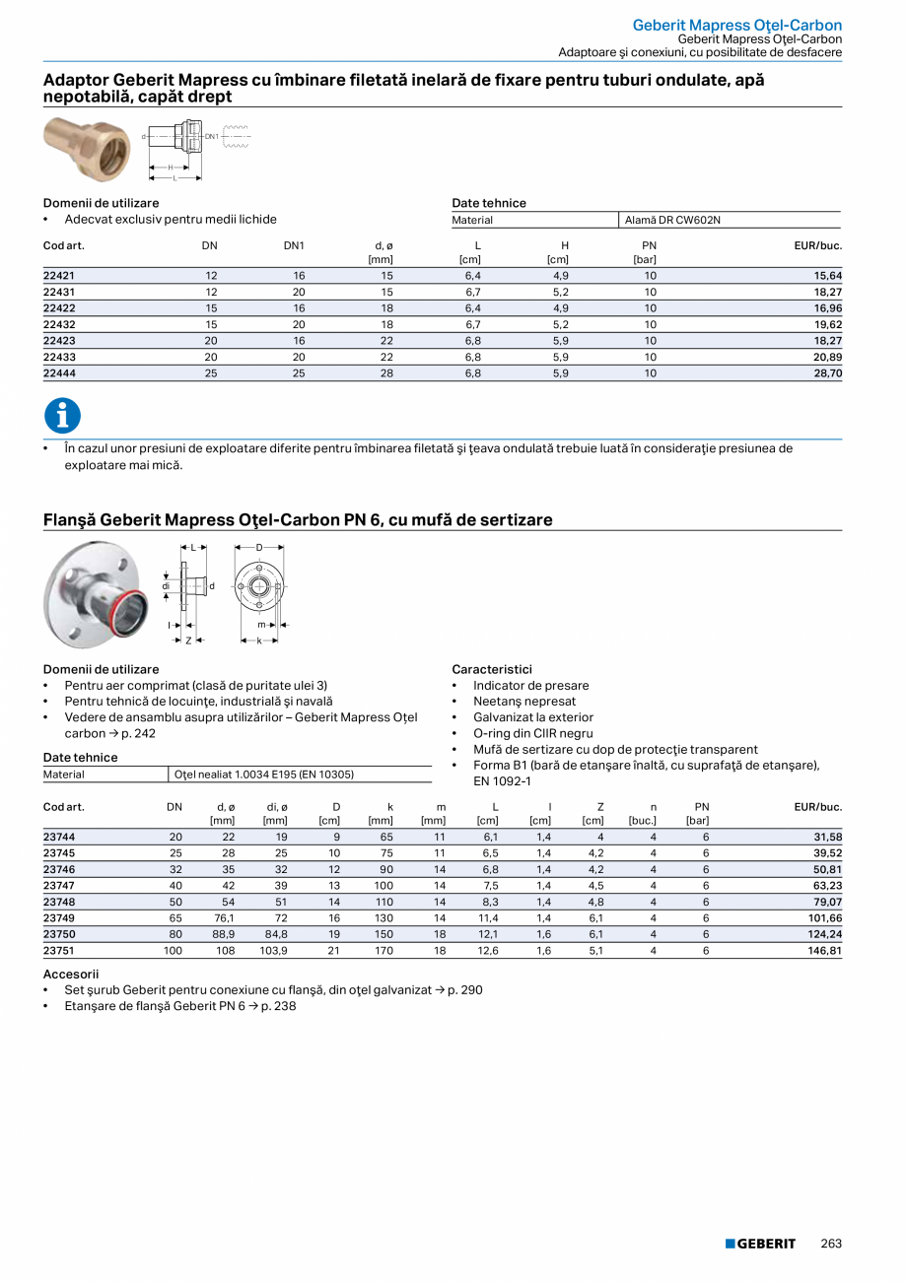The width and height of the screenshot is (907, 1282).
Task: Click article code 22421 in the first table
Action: [x=57, y=276]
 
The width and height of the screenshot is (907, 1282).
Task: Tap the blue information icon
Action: [x=62, y=416]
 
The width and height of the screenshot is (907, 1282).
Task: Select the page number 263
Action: [x=831, y=1244]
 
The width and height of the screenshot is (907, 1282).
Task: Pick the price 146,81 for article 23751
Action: [x=825, y=951]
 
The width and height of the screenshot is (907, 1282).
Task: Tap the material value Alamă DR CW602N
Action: [x=672, y=220]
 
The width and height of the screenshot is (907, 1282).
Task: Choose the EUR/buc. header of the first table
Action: [x=818, y=244]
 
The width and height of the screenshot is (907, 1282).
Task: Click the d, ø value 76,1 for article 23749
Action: [x=224, y=918]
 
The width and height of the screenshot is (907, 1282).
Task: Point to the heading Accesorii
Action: [x=71, y=973]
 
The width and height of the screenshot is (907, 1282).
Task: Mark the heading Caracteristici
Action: [x=491, y=669]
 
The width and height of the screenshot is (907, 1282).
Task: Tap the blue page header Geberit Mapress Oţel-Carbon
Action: [x=736, y=25]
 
